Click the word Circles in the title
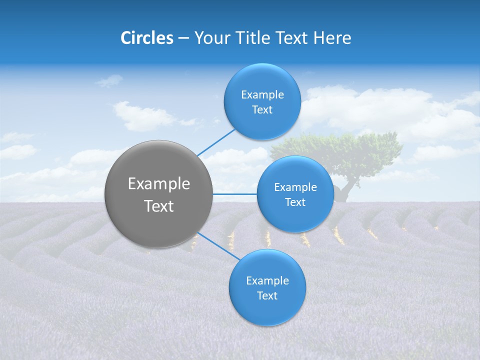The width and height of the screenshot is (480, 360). click(147, 38)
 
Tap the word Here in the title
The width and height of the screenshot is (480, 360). click(332, 38)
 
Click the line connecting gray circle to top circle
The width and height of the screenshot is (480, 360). click(216, 141)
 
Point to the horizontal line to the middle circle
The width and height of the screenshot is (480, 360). click(234, 194)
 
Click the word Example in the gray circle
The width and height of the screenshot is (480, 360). click(159, 184)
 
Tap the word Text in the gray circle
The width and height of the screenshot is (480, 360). click(159, 206)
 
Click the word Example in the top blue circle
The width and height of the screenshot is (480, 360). click(262, 95)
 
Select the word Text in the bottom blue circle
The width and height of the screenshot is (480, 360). click(267, 296)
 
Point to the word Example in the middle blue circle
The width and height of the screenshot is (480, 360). click(295, 187)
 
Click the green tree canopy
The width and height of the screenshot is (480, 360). click(345, 150)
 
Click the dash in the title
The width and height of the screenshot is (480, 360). click(183, 38)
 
